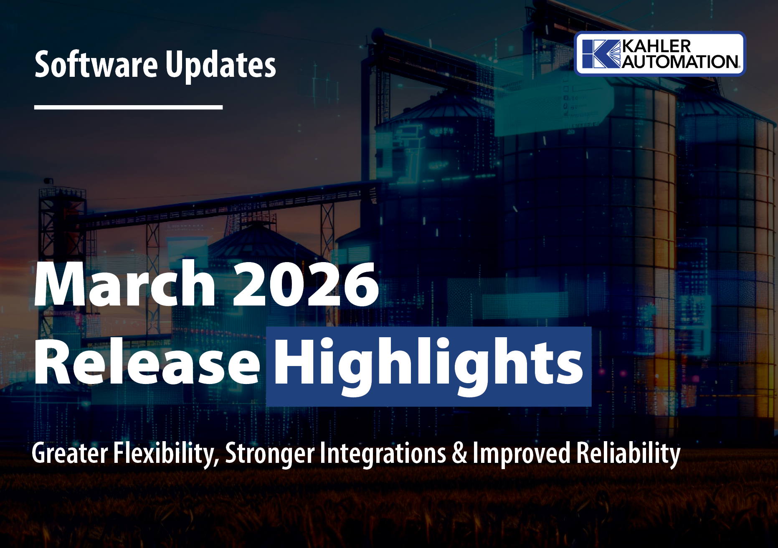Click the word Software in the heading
pyautogui.click(x=96, y=64)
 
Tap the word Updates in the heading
pyautogui.click(x=220, y=66)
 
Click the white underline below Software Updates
pyautogui.click(x=128, y=107)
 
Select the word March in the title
pyautogui.click(x=125, y=284)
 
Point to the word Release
pyautogui.click(x=147, y=361)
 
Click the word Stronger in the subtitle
pyautogui.click(x=270, y=454)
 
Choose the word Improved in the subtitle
pyautogui.click(x=521, y=453)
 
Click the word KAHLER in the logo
pyautogui.click(x=656, y=46)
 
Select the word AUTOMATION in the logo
pyautogui.click(x=680, y=62)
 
